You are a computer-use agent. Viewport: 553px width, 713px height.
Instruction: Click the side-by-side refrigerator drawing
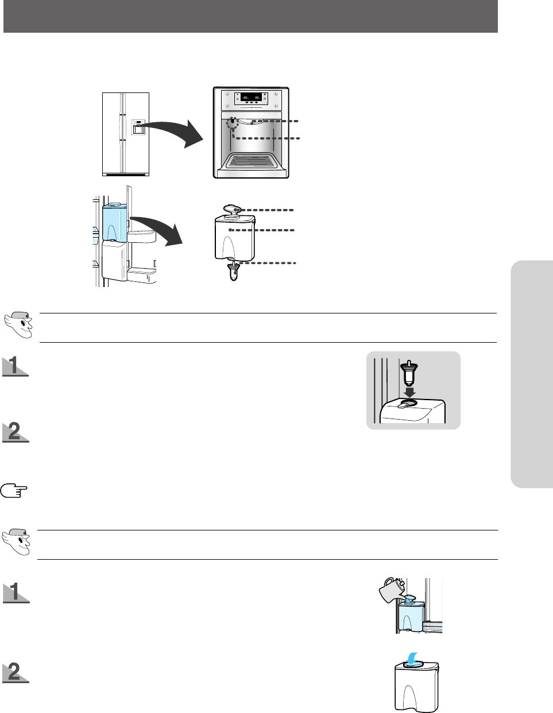[125, 134]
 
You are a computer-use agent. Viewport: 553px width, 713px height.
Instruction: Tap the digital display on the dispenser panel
[251, 98]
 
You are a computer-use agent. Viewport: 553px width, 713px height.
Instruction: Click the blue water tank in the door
[114, 222]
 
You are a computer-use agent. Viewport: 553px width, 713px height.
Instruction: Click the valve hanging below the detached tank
[233, 269]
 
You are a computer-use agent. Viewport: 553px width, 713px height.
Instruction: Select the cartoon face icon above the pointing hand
[18, 325]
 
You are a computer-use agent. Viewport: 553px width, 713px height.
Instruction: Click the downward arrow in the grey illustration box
[409, 390]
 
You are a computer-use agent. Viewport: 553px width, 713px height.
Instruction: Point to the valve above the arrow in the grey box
[409, 373]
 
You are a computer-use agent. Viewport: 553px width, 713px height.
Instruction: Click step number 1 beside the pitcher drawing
[16, 592]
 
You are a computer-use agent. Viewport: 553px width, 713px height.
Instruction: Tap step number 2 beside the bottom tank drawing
[16, 672]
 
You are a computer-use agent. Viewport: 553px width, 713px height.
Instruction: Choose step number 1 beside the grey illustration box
[15, 366]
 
